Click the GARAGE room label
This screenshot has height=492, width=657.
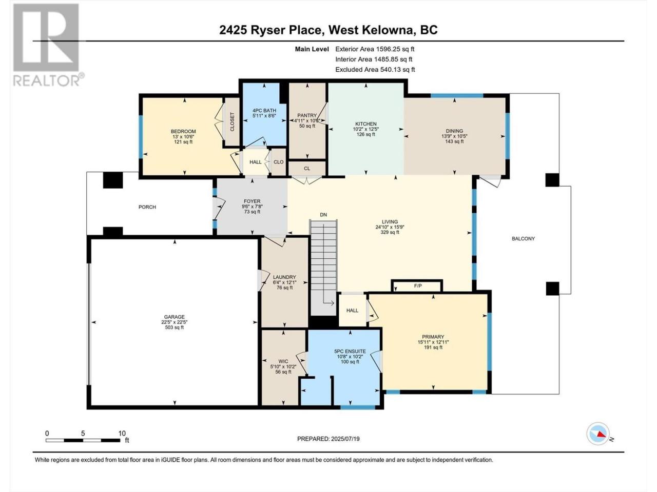pos(174,317)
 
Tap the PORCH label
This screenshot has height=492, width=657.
pos(147,207)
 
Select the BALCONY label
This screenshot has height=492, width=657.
pos(523,239)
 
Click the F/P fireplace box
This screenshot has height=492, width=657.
pos(417,286)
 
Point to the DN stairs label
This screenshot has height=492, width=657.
pos(323,215)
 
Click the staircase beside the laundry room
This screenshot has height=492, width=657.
pos(323,268)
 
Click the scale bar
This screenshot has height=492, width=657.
pos(83,440)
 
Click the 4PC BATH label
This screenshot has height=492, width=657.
pos(264,111)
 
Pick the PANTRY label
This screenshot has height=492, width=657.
pos(307,116)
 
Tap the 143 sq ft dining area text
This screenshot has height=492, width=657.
pos(454,141)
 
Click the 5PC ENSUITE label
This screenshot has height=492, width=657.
pos(350,352)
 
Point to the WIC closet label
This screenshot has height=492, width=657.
pos(283,361)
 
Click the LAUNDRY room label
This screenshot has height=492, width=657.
pos(284,277)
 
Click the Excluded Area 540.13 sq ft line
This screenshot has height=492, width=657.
pos(375,70)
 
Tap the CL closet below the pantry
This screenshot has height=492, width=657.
pos(307,169)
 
